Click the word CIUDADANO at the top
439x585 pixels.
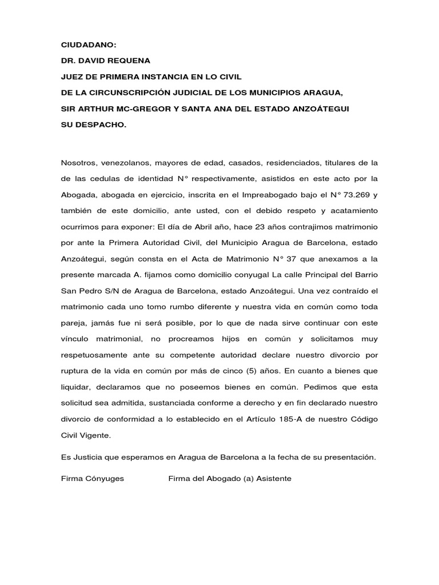click(83, 44)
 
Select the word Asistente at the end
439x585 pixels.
click(274, 478)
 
